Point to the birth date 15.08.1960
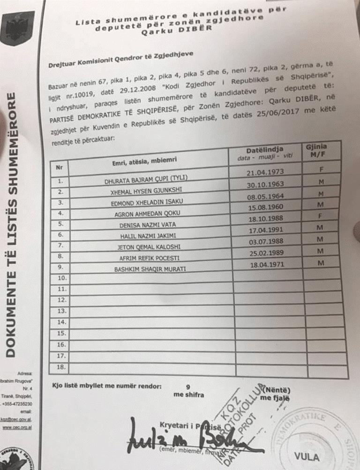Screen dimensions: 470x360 pos(267,207)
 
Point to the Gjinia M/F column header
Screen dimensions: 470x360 pos(317,150)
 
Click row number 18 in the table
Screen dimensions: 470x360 pos(61,367)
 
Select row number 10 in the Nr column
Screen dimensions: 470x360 pos(61,278)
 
